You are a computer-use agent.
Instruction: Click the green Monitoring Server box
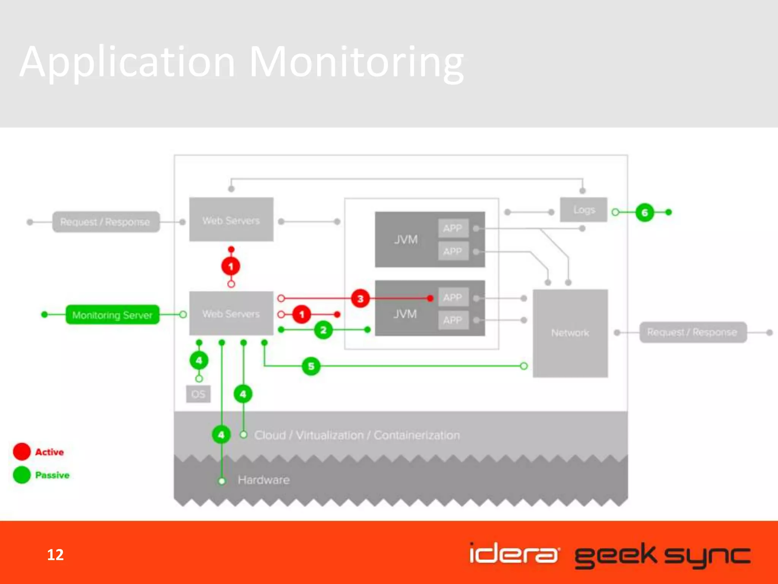(112, 315)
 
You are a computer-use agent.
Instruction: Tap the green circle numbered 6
(644, 212)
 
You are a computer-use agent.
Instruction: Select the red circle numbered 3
(360, 298)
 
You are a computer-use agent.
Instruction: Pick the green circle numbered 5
(311, 366)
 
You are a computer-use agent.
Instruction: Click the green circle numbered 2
(323, 330)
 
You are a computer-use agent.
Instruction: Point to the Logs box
(583, 210)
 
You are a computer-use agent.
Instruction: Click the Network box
(570, 333)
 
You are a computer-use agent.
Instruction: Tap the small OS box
(198, 394)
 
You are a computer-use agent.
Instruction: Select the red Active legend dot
(22, 452)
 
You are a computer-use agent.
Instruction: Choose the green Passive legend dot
(22, 475)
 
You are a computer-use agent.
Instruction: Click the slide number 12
(55, 555)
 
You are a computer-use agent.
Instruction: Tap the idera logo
(514, 554)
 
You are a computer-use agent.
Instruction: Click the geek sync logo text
(662, 555)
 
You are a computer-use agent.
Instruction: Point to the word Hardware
(264, 480)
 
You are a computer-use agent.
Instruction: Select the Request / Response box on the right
(693, 332)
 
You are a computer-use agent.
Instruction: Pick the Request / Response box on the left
(106, 222)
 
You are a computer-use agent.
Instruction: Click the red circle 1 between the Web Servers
(231, 266)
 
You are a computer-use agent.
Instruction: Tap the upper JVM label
(405, 240)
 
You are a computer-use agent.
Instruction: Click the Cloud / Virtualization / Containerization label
(357, 435)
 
